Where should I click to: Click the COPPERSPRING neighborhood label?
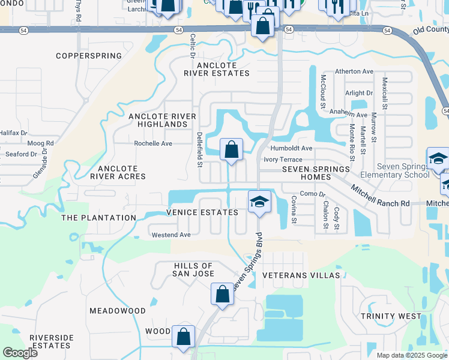(89, 56)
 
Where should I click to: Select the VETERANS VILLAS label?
(301, 275)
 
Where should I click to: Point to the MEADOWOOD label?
(118, 311)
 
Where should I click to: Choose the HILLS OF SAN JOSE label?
(193, 270)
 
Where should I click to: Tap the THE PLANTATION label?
(99, 218)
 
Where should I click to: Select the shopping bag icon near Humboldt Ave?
(231, 149)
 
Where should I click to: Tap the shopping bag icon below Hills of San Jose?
(222, 294)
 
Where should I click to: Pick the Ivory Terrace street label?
(283, 160)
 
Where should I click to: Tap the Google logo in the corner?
(20, 353)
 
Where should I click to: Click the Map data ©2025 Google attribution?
(411, 355)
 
